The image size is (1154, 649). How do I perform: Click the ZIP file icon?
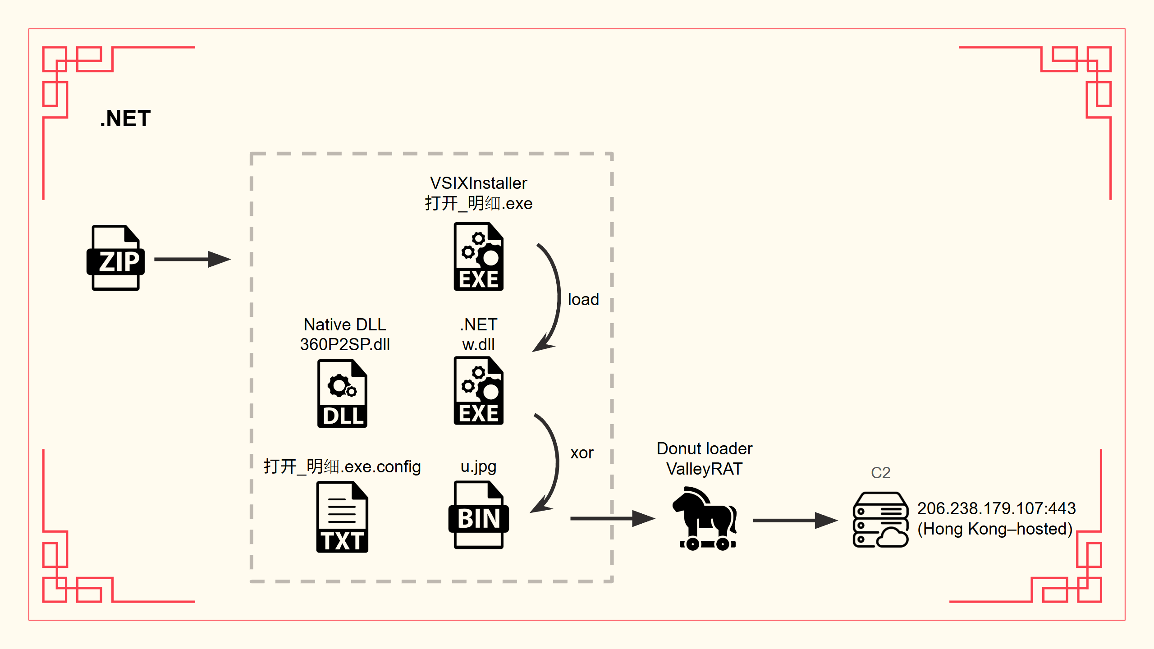[x=115, y=258]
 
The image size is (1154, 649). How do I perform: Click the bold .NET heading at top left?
[x=125, y=119]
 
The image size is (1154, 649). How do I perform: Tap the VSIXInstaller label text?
[x=478, y=183]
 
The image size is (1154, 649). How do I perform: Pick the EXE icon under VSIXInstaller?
[x=478, y=257]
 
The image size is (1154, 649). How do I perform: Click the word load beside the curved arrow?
[x=583, y=300]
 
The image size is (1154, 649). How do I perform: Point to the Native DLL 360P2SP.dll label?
[x=345, y=334]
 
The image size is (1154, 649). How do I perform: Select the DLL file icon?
[x=343, y=393]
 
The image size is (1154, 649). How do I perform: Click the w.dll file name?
[x=478, y=345]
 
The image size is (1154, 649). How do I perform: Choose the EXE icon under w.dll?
[x=478, y=391]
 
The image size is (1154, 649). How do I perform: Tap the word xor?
[x=582, y=453]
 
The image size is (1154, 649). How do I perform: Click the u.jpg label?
[x=478, y=466]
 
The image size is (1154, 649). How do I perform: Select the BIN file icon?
[x=478, y=515]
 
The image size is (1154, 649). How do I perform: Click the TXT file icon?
[x=342, y=517]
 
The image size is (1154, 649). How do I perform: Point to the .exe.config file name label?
[x=342, y=467]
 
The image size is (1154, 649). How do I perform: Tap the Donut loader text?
[x=705, y=449]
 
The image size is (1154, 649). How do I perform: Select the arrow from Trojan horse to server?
[x=794, y=521]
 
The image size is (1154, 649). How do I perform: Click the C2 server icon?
[x=880, y=520]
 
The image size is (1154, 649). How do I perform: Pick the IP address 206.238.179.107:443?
[x=996, y=509]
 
